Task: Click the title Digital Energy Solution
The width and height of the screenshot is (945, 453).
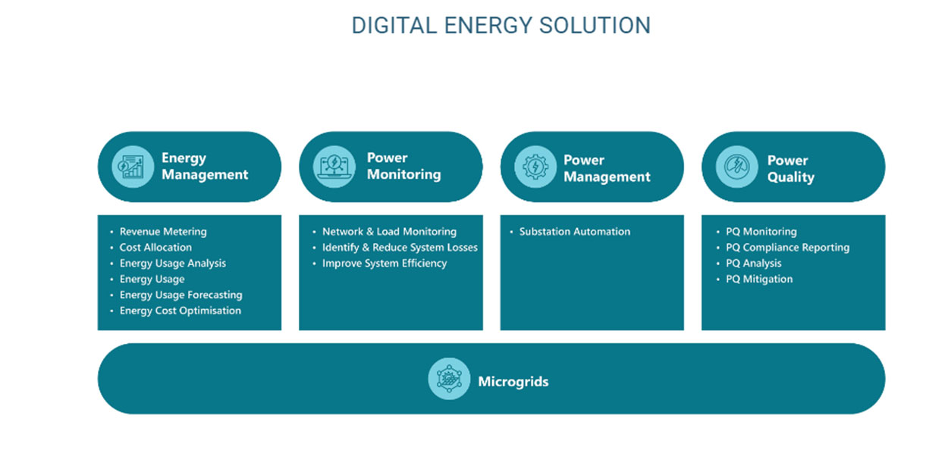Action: tap(501, 25)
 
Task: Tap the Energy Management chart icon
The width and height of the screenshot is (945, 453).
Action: tap(133, 167)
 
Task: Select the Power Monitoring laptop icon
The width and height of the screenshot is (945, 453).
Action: tap(334, 167)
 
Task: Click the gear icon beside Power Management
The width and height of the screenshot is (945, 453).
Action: tap(535, 167)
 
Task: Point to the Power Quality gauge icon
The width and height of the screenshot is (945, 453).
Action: tap(736, 167)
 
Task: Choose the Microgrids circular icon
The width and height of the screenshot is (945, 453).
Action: tap(449, 379)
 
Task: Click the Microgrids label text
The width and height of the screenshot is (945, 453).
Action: tap(513, 382)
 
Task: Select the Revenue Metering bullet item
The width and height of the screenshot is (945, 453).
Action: tap(163, 232)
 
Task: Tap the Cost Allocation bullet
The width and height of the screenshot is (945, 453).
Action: tap(155, 248)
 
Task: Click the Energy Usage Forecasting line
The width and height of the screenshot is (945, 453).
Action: tap(181, 295)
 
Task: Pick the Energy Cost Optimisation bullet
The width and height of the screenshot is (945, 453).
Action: tap(181, 311)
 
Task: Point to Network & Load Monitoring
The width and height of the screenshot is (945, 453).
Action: tap(389, 232)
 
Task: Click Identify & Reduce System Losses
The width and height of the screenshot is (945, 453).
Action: tap(400, 248)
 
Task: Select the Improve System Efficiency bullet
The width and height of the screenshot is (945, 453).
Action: tap(385, 264)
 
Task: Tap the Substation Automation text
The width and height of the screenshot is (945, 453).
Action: tap(574, 232)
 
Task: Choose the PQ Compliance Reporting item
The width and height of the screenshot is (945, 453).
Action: tap(787, 248)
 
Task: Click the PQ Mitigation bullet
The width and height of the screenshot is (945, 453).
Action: tap(759, 279)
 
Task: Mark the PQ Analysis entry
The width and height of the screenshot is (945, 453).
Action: tap(753, 264)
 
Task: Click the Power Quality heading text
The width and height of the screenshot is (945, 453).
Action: tap(790, 169)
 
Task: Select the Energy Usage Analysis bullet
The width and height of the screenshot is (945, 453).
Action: tap(172, 264)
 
